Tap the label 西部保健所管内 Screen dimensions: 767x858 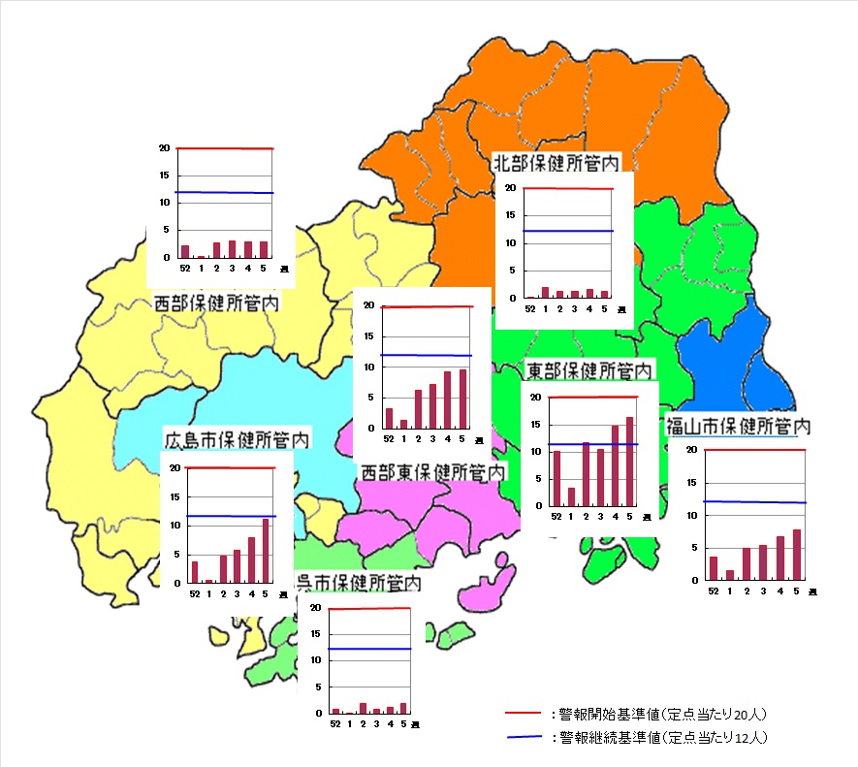[217, 304]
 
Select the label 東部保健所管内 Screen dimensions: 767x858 [589, 370]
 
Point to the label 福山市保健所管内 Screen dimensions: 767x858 [739, 426]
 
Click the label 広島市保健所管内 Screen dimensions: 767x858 [237, 439]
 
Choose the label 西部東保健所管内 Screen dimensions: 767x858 [433, 471]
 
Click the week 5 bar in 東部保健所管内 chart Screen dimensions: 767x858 [629, 462]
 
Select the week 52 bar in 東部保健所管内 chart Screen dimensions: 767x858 [556, 479]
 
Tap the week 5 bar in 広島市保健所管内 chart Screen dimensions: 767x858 [266, 551]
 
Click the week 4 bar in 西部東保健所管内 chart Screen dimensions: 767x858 [447, 399]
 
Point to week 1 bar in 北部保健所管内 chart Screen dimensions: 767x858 [545, 291]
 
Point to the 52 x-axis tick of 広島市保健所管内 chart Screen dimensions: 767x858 [195, 593]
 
